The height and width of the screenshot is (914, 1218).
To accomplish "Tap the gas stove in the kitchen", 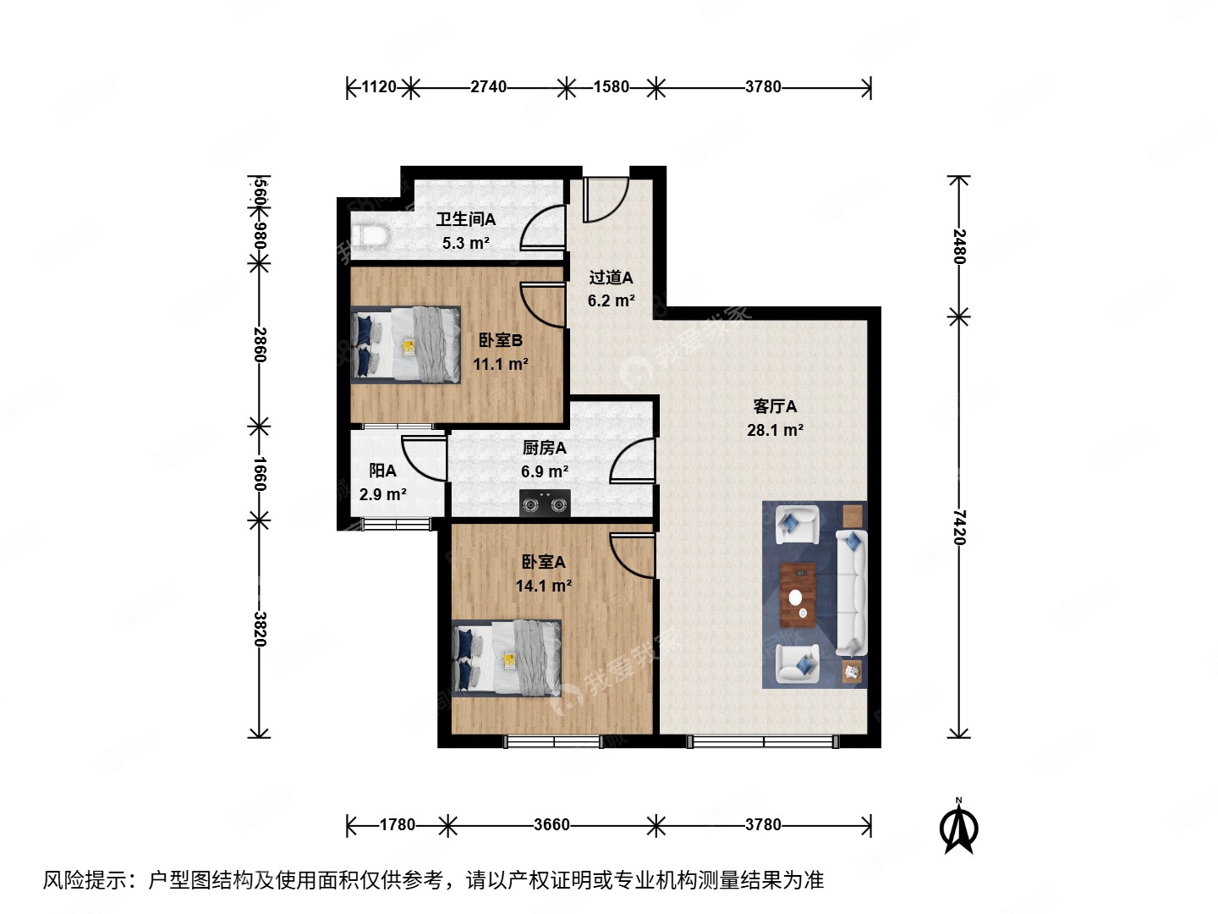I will click(x=544, y=504).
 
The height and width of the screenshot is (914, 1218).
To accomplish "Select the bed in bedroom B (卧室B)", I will click(x=406, y=344).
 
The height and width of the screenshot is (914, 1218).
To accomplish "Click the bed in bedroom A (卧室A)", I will click(x=507, y=658).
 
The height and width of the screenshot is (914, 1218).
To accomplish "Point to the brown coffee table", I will click(x=798, y=595).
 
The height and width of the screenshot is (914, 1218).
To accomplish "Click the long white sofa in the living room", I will click(x=851, y=592).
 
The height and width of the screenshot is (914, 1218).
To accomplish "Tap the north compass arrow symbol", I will click(x=959, y=829).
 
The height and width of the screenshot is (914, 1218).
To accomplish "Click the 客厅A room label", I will click(x=775, y=406).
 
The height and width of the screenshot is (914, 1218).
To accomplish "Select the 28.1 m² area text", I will click(x=775, y=430).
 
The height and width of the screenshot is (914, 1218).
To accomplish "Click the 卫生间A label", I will click(x=465, y=219).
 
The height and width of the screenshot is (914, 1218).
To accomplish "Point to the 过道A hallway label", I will click(x=611, y=278).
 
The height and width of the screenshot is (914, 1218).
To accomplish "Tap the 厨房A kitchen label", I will click(x=544, y=448).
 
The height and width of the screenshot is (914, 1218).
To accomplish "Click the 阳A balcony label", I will click(x=382, y=471).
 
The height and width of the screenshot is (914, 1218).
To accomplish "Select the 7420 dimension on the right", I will click(x=958, y=526).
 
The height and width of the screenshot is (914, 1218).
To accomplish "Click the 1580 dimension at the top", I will click(x=611, y=86).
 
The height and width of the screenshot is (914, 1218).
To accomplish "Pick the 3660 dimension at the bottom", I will click(x=551, y=824).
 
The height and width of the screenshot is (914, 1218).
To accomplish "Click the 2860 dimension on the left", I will click(x=260, y=344).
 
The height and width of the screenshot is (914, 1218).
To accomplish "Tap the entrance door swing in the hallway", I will click(x=604, y=200).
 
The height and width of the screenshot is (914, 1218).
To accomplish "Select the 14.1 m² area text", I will click(x=544, y=586).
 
